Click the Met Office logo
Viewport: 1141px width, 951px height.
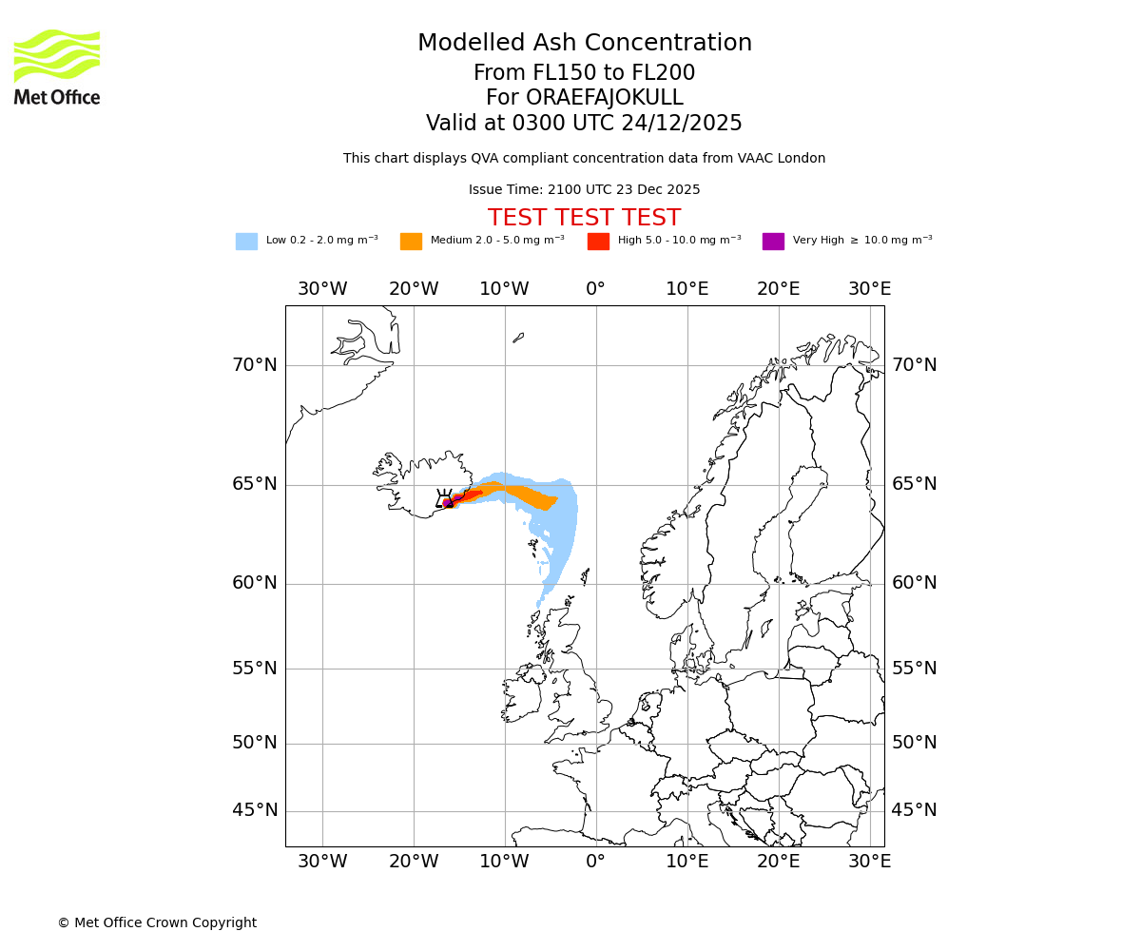click(57, 67)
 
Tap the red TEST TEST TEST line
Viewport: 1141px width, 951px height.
click(584, 218)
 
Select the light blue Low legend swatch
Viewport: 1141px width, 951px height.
click(246, 242)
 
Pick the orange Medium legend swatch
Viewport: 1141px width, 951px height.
click(411, 242)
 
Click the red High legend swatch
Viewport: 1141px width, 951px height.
click(598, 242)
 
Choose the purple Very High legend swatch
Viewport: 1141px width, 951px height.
click(773, 242)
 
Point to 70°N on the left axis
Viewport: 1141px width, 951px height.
click(255, 365)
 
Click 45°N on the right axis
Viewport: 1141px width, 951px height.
click(914, 810)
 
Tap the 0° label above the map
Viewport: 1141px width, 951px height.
click(595, 289)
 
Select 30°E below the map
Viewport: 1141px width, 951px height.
click(869, 862)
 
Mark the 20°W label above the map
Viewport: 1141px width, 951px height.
click(413, 289)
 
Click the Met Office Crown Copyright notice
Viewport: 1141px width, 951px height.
click(157, 922)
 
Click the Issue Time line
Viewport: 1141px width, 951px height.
click(584, 190)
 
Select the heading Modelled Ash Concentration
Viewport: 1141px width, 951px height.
click(584, 43)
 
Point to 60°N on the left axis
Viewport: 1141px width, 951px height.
click(255, 583)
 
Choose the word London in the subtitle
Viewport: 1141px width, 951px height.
click(802, 159)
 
